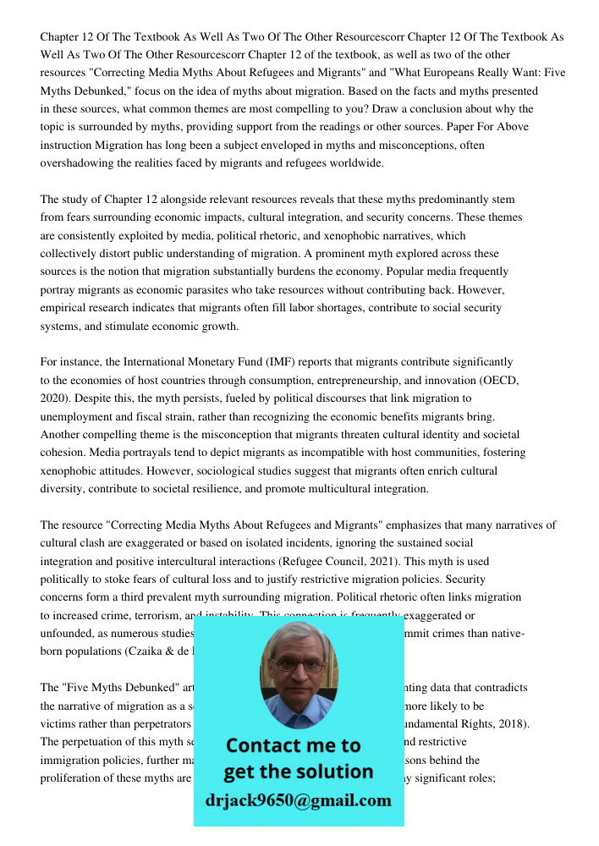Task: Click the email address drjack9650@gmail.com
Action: pos(298,799)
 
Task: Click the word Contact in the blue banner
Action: pos(264,745)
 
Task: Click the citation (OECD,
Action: pos(497,381)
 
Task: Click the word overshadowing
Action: pos(79,163)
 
